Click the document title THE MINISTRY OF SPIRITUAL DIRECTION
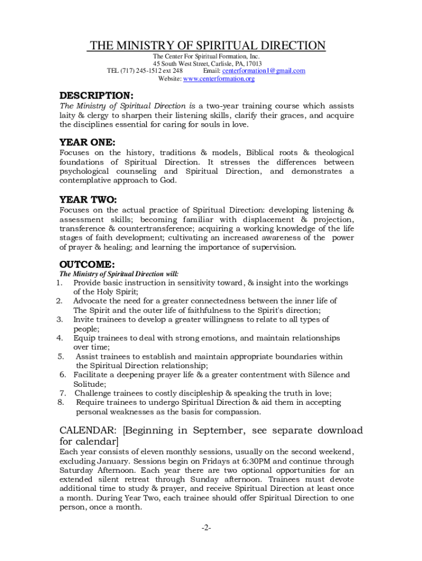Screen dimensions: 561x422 click(x=207, y=45)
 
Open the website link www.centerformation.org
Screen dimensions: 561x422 click(x=219, y=79)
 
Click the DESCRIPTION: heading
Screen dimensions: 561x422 click(x=96, y=95)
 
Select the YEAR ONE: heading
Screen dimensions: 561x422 click(x=87, y=142)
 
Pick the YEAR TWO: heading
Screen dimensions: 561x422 click(x=88, y=199)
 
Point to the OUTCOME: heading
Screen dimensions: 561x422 click(x=87, y=265)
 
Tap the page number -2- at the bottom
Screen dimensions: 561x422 click(x=206, y=528)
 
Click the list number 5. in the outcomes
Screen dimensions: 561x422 click(x=61, y=357)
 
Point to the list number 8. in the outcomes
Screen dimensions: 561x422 click(x=61, y=403)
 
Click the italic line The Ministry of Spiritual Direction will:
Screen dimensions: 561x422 click(x=119, y=274)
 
